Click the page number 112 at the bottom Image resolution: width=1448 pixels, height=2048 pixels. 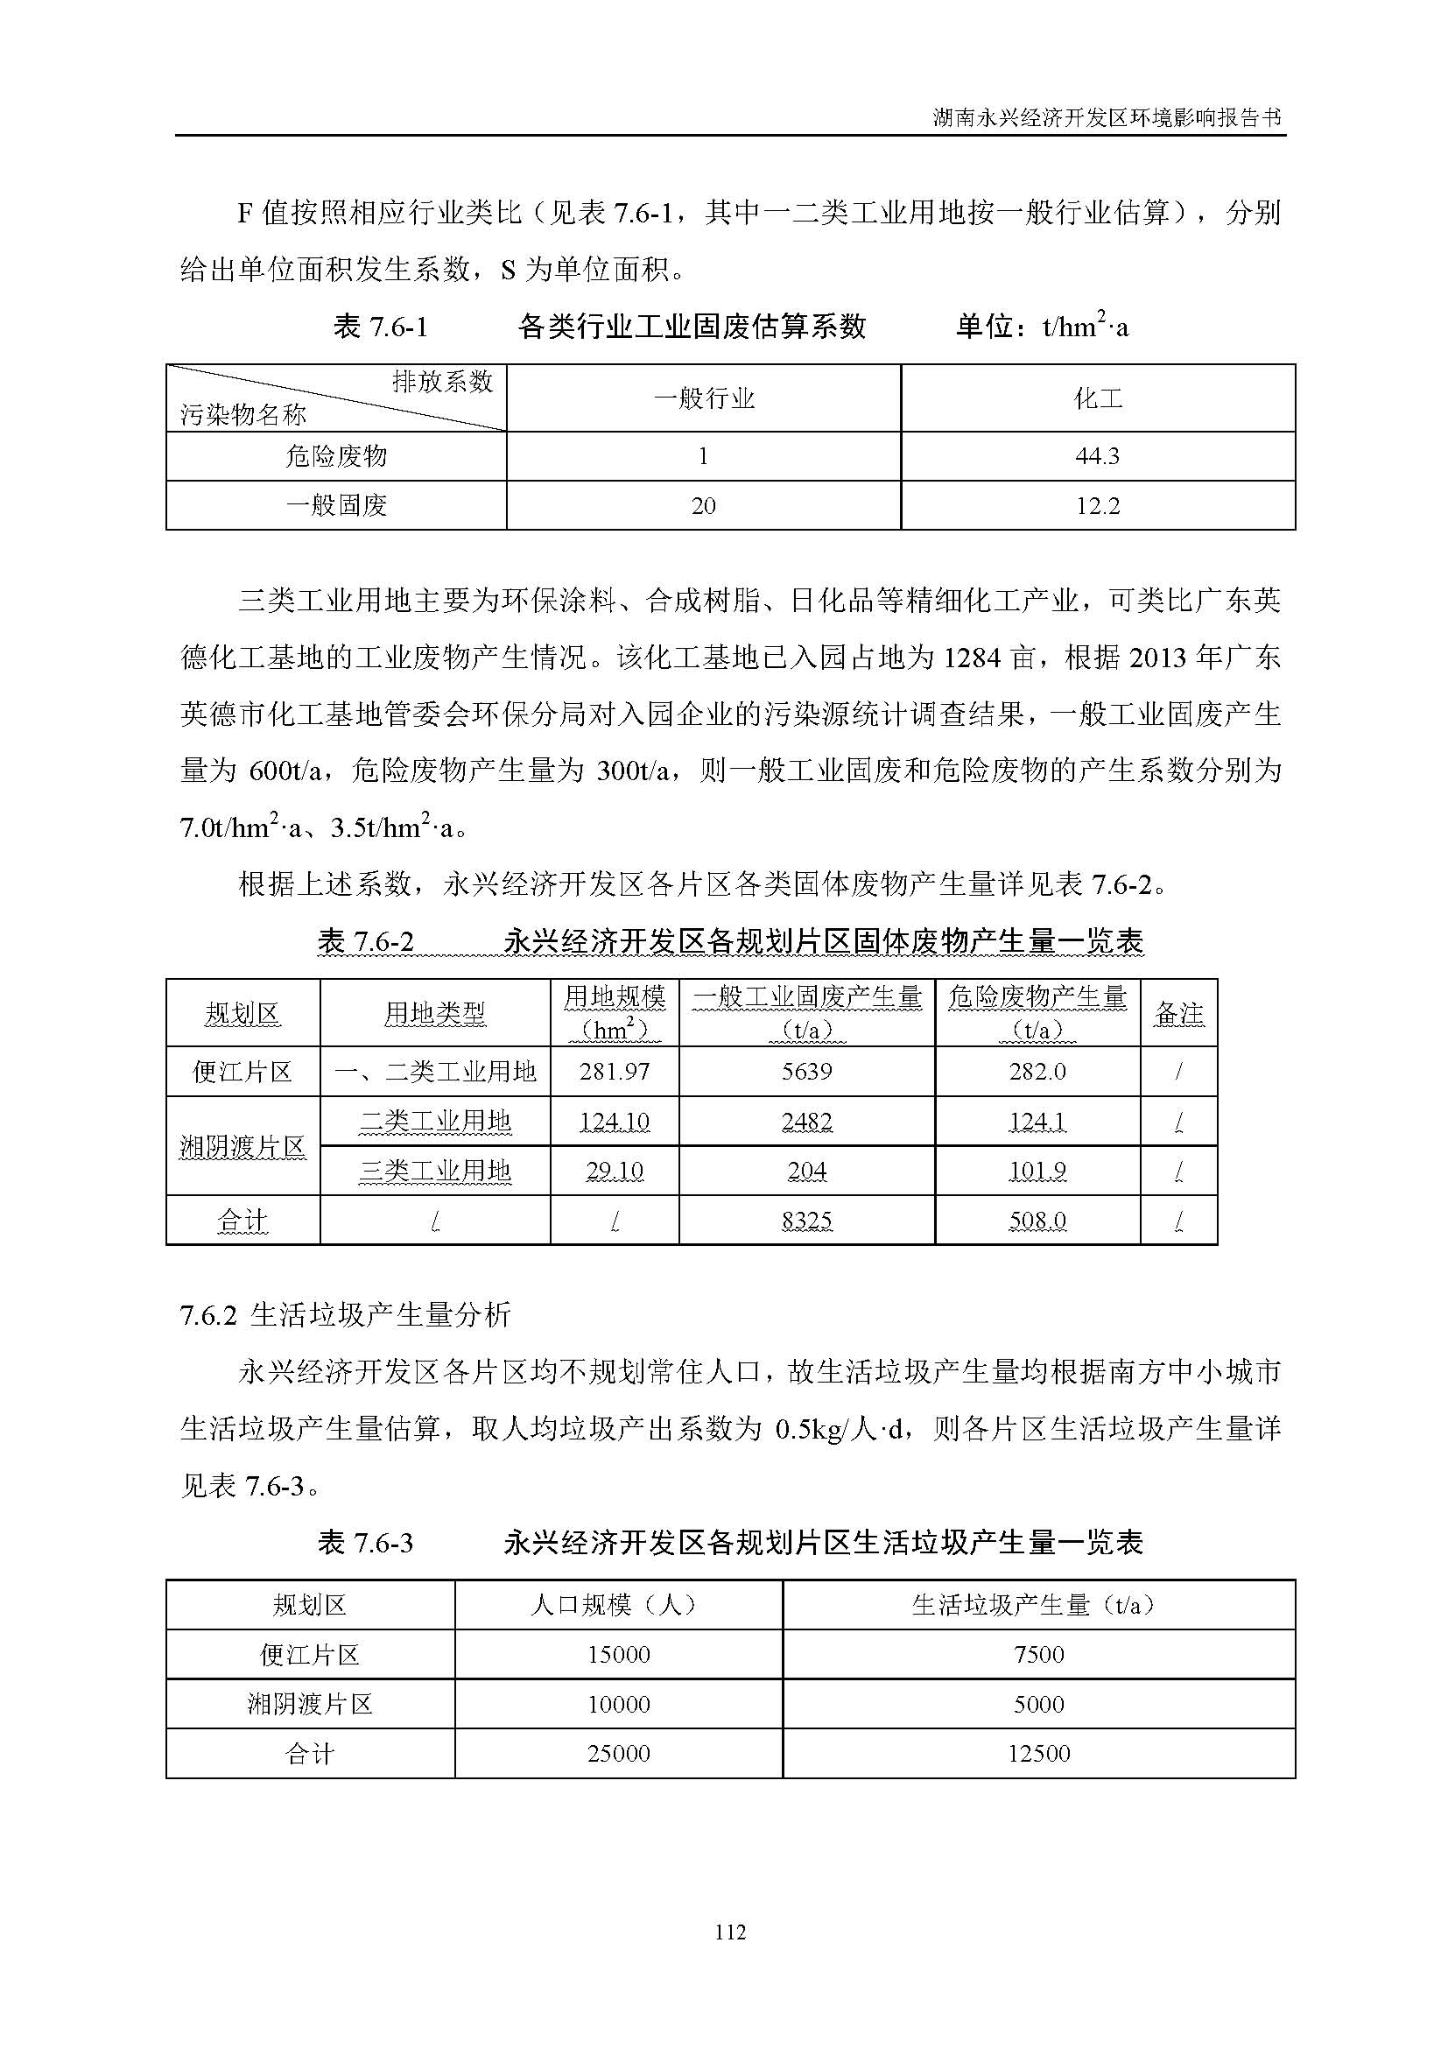729,1932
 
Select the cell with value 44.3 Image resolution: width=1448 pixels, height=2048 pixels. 1097,456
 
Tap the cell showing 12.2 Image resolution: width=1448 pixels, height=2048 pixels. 1097,506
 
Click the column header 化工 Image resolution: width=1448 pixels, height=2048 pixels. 1097,398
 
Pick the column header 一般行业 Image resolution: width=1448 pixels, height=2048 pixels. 704,398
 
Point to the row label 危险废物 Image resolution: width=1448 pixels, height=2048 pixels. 336,456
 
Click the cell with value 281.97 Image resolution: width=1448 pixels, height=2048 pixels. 615,1071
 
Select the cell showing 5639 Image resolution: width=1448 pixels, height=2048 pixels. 807,1071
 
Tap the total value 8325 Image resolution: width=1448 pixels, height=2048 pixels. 807,1221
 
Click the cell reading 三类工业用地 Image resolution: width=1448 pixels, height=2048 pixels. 435,1171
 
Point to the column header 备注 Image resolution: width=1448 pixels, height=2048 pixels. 1178,1013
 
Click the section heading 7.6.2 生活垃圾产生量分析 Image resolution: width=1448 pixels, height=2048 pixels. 346,1314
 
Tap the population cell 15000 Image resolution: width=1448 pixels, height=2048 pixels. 619,1655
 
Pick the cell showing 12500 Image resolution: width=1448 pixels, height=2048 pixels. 1039,1754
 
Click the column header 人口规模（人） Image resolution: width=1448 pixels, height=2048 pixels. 619,1606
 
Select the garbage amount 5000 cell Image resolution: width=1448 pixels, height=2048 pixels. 1039,1705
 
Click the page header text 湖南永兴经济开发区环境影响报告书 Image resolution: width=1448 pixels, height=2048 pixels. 1107,117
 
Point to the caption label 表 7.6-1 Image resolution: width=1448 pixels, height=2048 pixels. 381,327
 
